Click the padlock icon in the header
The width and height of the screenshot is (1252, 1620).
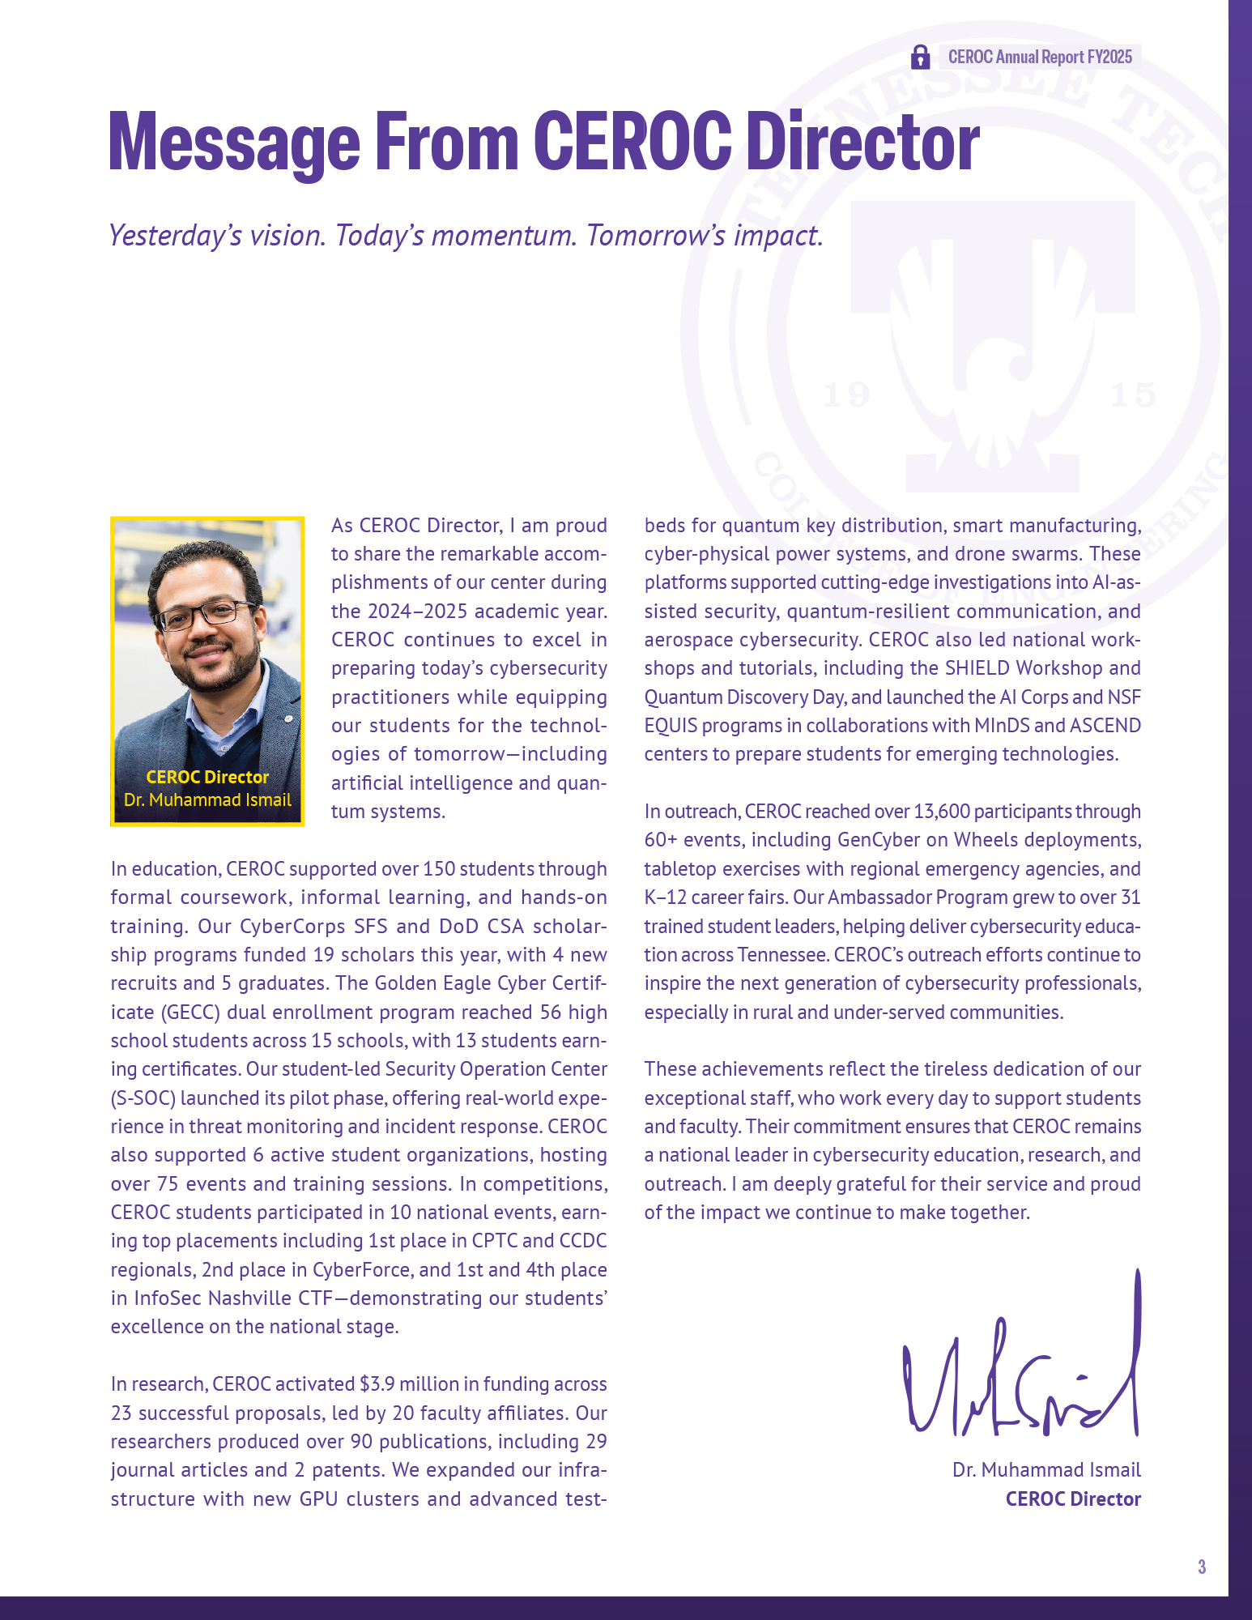[x=920, y=57]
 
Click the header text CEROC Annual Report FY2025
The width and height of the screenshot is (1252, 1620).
[x=1040, y=57]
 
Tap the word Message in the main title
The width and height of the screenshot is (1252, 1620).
[x=234, y=143]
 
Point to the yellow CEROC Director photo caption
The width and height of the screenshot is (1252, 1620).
[x=207, y=777]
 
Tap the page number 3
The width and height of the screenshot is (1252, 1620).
[x=1202, y=1567]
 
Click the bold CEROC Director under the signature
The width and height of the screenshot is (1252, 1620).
[x=1073, y=1498]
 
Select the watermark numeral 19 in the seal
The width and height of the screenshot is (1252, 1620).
[x=846, y=395]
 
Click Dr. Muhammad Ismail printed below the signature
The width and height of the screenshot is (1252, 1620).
[x=1046, y=1470]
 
